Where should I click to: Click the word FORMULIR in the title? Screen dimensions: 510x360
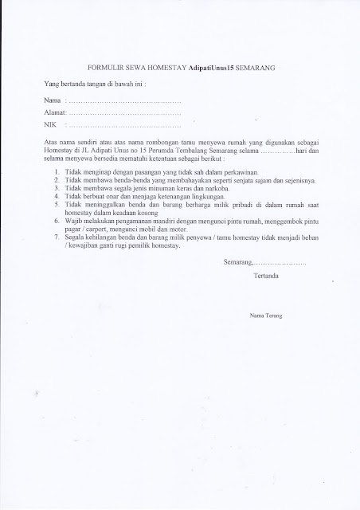pyautogui.click(x=103, y=69)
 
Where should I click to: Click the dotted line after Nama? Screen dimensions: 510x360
pyautogui.click(x=123, y=103)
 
